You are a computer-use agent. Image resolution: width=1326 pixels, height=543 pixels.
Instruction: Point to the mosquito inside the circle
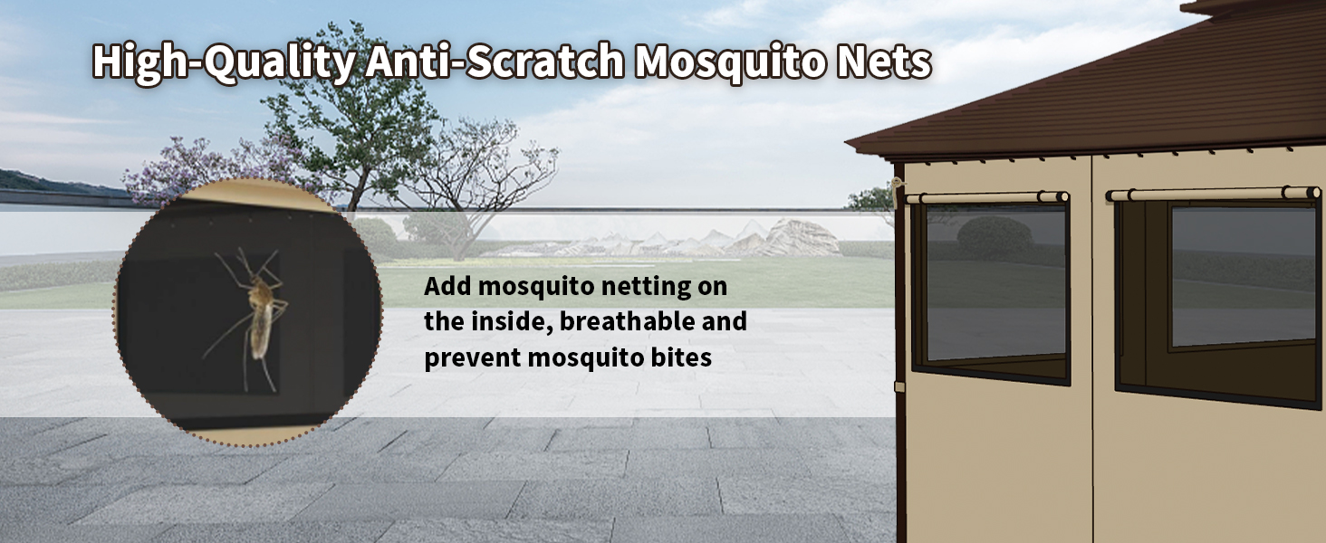pyautogui.click(x=252, y=319)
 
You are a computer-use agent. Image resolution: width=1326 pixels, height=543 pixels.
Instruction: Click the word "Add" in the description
pyautogui.click(x=447, y=286)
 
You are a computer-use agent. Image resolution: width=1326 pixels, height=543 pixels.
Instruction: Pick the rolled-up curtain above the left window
pyautogui.click(x=987, y=197)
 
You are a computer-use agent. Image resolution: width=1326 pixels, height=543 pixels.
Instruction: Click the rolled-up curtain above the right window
pyautogui.click(x=1214, y=194)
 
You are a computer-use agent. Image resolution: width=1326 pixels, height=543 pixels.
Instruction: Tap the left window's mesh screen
pyautogui.click(x=995, y=282)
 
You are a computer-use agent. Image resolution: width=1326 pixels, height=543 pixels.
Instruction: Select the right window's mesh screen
pyautogui.click(x=1243, y=275)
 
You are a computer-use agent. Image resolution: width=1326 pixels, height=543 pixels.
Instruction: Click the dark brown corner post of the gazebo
pyautogui.click(x=899, y=355)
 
